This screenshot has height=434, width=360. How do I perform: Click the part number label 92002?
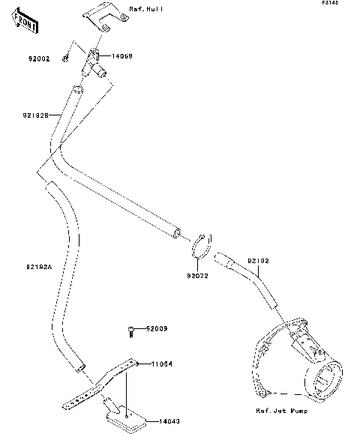[40, 58]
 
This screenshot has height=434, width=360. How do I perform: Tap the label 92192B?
[35, 116]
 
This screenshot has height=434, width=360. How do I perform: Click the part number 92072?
[197, 276]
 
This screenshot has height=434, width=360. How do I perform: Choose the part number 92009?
[157, 328]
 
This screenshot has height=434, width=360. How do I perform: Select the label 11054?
[161, 364]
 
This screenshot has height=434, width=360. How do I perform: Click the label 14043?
[169, 421]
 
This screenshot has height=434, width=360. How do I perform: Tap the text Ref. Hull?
[145, 9]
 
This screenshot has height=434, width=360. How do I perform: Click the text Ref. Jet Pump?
[282, 411]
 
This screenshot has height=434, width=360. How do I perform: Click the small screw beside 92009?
[131, 330]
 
